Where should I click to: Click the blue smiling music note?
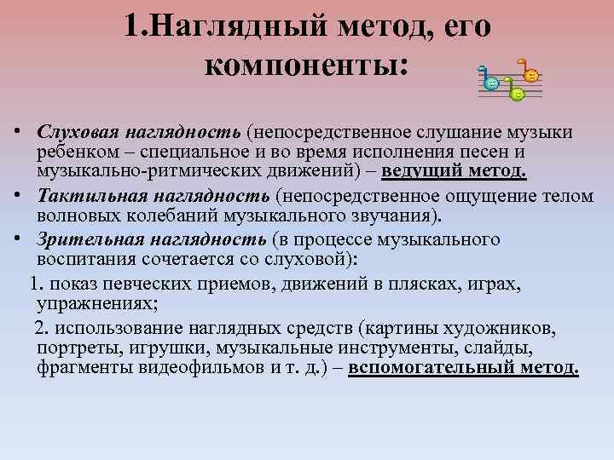491,82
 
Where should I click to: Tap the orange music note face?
531,75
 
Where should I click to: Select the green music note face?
516,94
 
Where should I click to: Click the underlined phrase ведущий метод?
455,173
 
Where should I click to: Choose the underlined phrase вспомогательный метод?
464,369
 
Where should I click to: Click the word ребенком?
71,152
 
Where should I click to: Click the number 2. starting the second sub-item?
42,329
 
